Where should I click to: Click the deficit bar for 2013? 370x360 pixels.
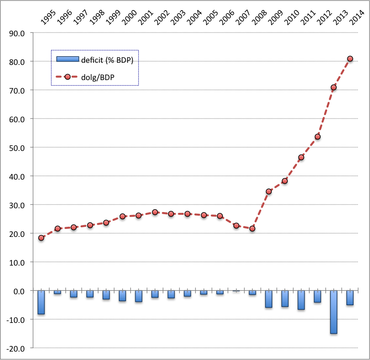(333, 312)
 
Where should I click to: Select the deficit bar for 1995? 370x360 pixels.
(41, 302)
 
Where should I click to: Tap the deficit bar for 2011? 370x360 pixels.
(301, 300)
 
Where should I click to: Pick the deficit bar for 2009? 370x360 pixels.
(268, 299)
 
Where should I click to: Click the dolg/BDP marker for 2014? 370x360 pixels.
(350, 59)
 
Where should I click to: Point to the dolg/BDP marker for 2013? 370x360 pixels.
(333, 88)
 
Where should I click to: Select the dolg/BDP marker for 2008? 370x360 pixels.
(252, 228)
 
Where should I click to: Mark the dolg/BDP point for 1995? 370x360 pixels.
(41, 238)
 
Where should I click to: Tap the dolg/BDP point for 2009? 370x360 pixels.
(268, 191)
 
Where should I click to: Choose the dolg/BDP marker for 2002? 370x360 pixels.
(155, 212)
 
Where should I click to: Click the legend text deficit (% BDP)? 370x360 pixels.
(107, 60)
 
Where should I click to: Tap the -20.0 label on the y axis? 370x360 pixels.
(16, 348)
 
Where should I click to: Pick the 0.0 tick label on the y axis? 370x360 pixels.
(19, 291)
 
